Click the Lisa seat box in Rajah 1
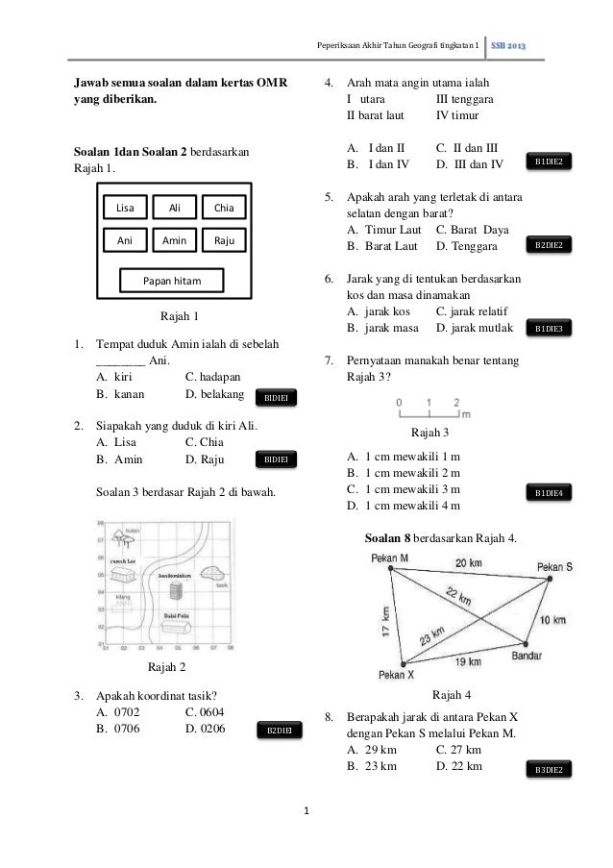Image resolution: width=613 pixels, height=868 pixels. tap(126, 208)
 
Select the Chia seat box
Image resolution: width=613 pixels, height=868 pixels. tap(223, 208)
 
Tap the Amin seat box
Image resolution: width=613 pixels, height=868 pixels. tap(174, 241)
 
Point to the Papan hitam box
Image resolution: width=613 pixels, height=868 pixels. tap(172, 280)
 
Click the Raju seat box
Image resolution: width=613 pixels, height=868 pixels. tap(223, 241)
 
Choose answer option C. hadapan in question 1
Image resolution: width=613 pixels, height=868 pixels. tap(213, 378)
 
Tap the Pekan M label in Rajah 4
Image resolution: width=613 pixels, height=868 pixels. tap(389, 558)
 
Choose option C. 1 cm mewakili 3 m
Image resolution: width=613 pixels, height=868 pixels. tap(404, 489)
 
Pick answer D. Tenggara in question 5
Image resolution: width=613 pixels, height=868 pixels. tap(471, 246)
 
